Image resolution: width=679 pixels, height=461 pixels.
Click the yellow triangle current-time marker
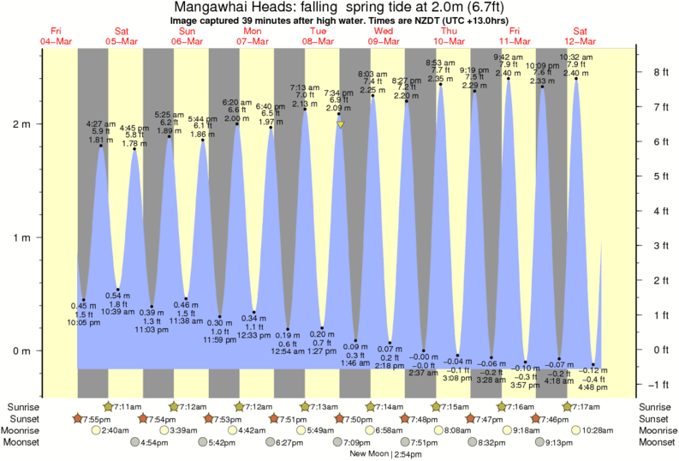[x=340, y=124]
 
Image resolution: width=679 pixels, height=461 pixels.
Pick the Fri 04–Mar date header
[x=56, y=36]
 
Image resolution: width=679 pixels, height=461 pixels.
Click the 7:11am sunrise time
[x=125, y=405]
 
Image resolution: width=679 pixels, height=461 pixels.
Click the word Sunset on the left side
[x=24, y=418]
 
